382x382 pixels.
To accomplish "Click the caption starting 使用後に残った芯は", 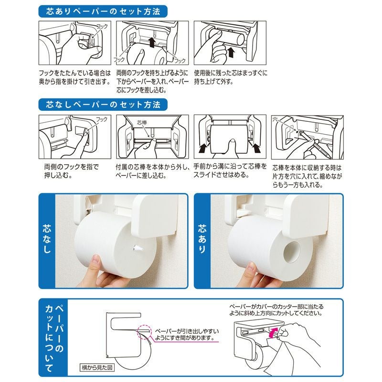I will tap(231, 78).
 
